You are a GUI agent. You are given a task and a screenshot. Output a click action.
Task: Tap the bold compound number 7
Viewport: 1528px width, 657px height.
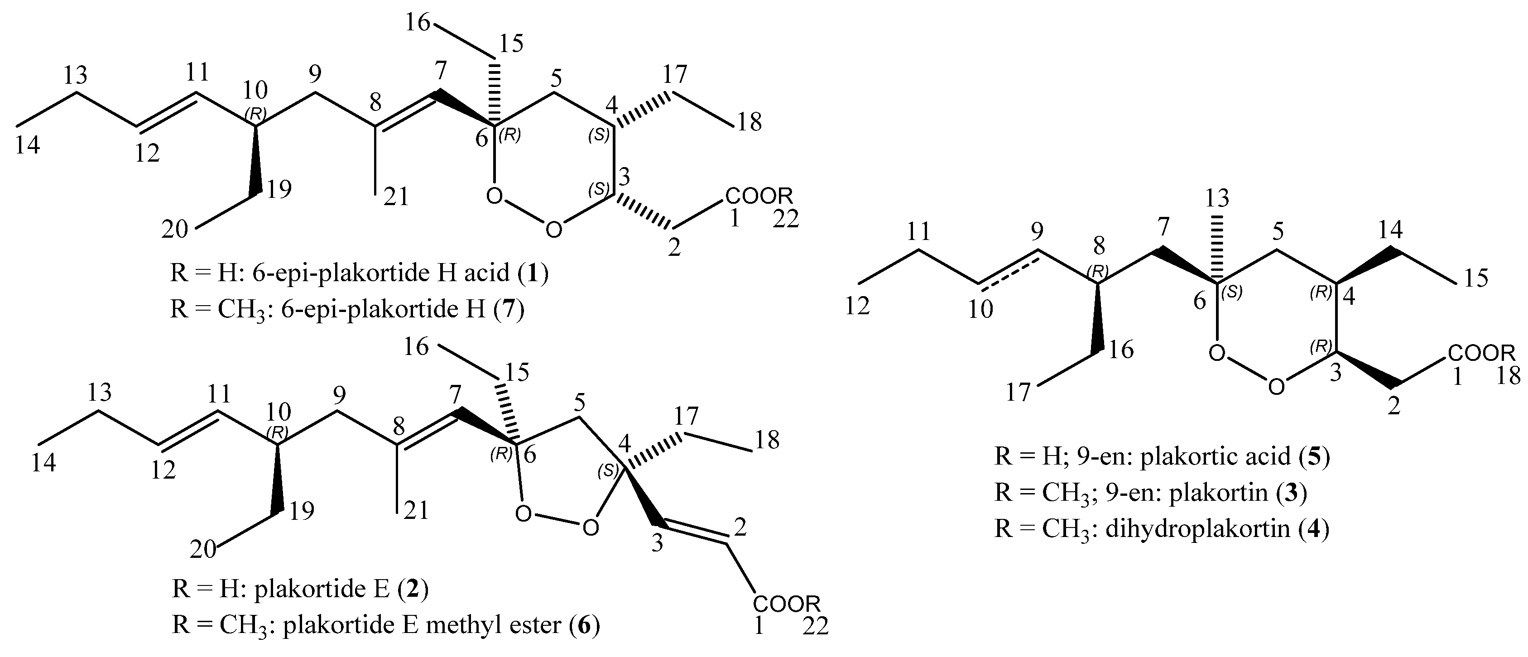click(509, 310)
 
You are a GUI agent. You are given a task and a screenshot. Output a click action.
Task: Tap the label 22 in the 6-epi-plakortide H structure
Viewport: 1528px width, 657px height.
click(786, 220)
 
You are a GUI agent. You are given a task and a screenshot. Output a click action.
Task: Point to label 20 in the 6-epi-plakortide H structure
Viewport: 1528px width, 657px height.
click(176, 229)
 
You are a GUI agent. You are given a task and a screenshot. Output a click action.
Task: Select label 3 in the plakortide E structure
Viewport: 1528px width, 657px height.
click(657, 544)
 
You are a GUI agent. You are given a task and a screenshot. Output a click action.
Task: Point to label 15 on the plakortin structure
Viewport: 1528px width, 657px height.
click(1476, 277)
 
